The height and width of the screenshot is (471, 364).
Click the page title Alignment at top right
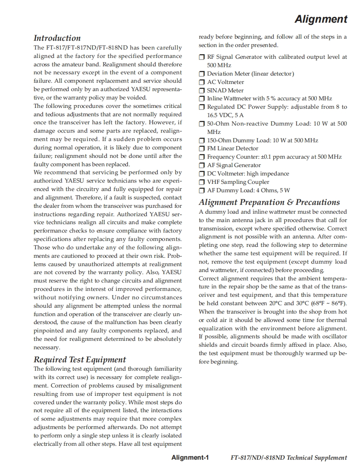click(x=321, y=19)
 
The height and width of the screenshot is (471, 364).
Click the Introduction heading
click(x=57, y=38)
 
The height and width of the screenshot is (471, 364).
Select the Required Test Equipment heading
click(x=80, y=360)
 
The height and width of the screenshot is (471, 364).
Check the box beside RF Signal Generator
click(x=202, y=57)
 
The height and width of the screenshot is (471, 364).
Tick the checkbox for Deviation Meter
click(x=202, y=74)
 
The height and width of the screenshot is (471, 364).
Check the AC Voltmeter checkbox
click(x=202, y=82)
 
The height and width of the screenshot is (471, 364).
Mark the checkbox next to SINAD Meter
click(x=202, y=91)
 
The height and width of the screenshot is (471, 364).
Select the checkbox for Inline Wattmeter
click(x=202, y=99)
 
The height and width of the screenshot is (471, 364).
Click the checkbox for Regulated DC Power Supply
click(x=202, y=107)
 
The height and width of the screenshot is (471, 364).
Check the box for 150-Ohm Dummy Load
click(x=202, y=141)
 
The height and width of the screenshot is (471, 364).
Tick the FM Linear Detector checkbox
click(x=202, y=149)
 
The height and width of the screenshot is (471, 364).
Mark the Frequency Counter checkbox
click(x=202, y=157)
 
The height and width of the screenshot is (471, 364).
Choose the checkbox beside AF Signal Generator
click(x=202, y=165)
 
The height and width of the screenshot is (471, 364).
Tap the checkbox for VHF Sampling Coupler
click(x=202, y=182)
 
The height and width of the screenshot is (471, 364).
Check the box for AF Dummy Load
click(x=202, y=191)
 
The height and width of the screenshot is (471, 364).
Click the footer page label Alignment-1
click(x=190, y=458)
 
